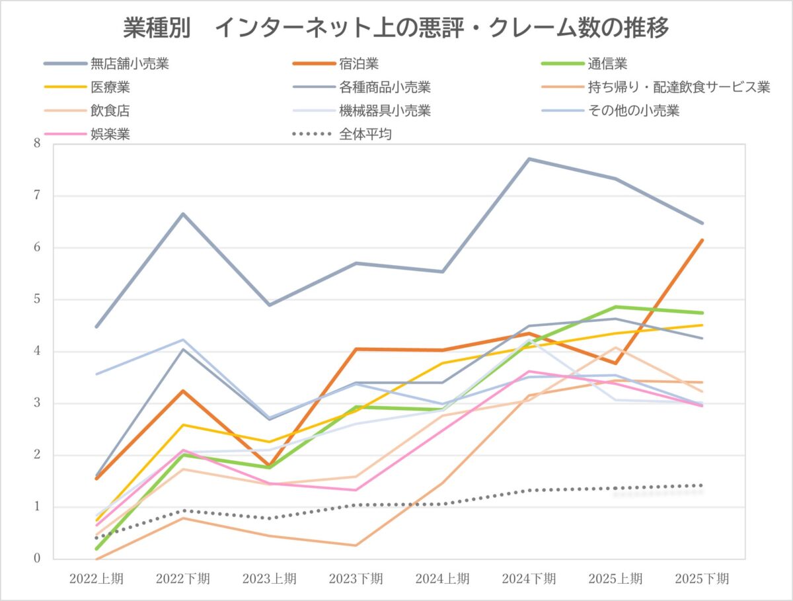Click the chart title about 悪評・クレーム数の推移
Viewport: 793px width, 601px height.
pyautogui.click(x=397, y=28)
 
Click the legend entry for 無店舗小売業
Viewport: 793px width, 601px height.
pyautogui.click(x=130, y=64)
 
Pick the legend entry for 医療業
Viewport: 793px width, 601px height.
pyautogui.click(x=110, y=87)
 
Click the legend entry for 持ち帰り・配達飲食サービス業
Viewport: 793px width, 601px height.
pyautogui.click(x=678, y=87)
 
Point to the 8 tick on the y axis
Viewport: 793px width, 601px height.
pyautogui.click(x=37, y=143)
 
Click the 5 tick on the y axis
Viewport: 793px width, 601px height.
pyautogui.click(x=37, y=300)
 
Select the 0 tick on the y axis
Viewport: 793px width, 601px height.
pyautogui.click(x=37, y=559)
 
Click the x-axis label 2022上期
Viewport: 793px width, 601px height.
pyautogui.click(x=96, y=579)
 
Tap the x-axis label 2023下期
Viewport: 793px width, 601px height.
pyautogui.click(x=356, y=579)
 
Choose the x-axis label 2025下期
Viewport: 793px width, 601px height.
pyautogui.click(x=702, y=579)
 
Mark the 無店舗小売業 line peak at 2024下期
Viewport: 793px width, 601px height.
pyautogui.click(x=529, y=159)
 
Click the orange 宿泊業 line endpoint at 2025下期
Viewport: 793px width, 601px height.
pyautogui.click(x=702, y=240)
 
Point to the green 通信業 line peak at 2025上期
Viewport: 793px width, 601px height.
pyautogui.click(x=615, y=307)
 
